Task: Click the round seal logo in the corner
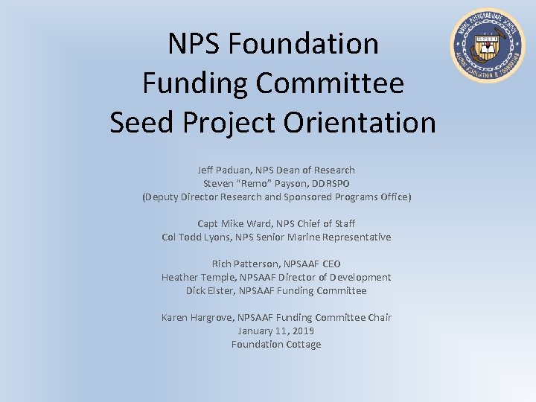pos(488,46)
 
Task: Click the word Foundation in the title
pos(304,44)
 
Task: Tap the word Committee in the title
pos(330,83)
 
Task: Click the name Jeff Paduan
pos(221,170)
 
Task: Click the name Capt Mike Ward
pos(229,223)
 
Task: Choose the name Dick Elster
pos(210,290)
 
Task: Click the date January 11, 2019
pos(276,331)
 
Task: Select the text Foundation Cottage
pos(276,344)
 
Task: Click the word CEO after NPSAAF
pos(331,264)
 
